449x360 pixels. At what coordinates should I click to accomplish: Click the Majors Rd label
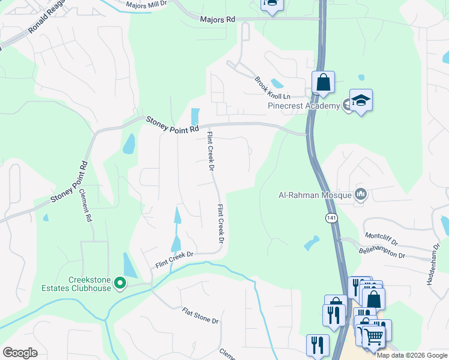coord(217,20)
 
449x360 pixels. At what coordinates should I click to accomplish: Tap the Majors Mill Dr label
coord(149,5)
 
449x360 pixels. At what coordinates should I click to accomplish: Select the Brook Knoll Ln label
coord(272,88)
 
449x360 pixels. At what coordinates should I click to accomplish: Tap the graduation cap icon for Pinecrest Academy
coord(361,101)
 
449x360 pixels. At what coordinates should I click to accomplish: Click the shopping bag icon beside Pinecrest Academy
coord(323,83)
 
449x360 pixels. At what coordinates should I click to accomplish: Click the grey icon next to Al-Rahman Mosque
coord(361,193)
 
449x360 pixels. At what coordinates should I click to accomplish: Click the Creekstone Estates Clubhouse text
coord(89,284)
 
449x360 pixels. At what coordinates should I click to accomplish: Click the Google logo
coord(20,353)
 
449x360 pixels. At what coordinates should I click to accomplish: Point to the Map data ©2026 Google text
coord(412,355)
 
